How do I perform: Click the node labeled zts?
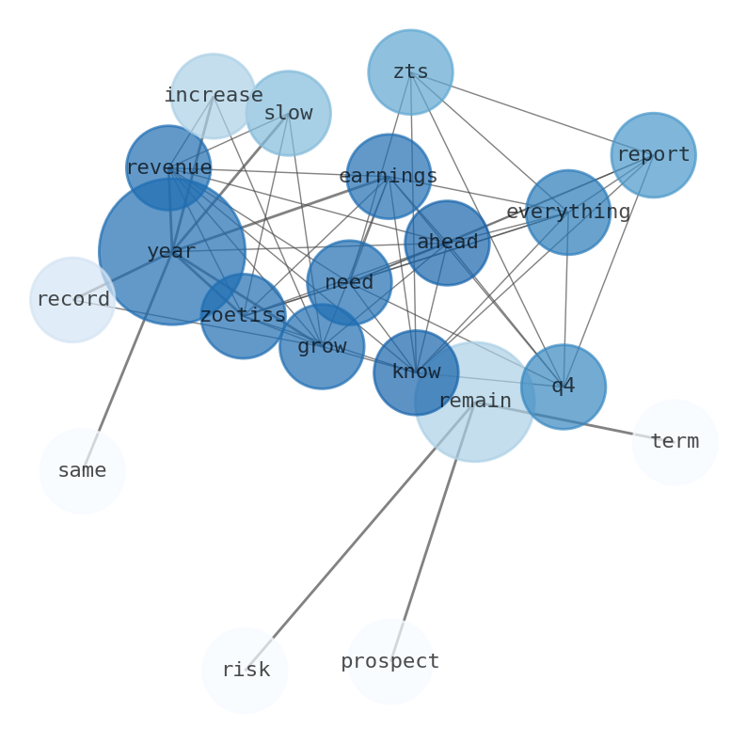click(x=410, y=72)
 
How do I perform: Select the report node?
click(x=653, y=155)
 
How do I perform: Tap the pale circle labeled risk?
click(x=245, y=671)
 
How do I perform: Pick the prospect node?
click(x=390, y=661)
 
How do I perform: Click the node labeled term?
click(x=675, y=442)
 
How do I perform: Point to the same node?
click(x=82, y=471)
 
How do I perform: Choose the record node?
click(x=72, y=300)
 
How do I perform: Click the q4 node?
click(x=564, y=387)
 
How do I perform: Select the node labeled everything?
click(x=568, y=213)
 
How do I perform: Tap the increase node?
click(x=214, y=96)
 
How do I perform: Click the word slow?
click(x=288, y=114)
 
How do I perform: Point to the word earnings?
click(x=389, y=177)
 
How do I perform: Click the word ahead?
click(x=447, y=243)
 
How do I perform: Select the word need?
click(x=349, y=283)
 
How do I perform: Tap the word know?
click(x=416, y=372)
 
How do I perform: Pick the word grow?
click(x=322, y=347)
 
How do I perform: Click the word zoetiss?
click(x=243, y=316)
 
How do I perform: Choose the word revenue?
click(x=168, y=168)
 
